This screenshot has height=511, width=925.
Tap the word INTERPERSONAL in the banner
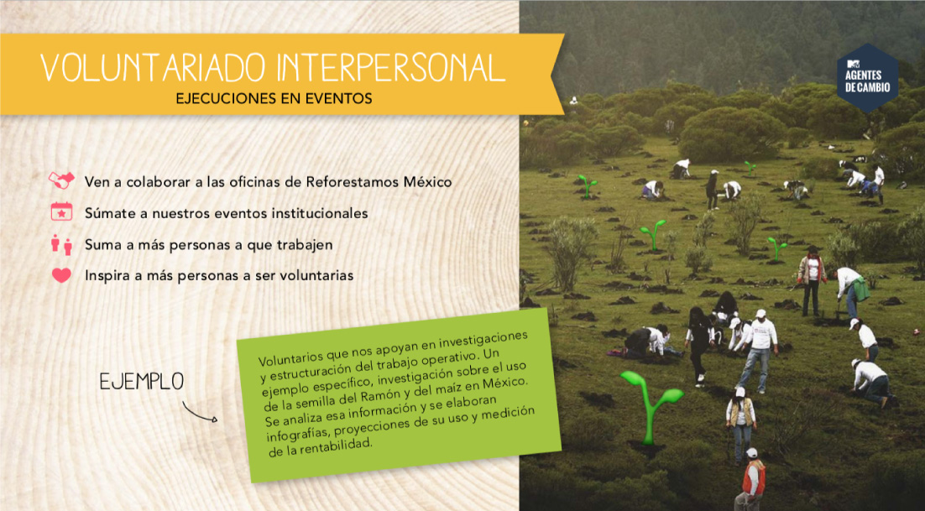[x=390, y=67]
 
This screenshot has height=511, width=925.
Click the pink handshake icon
[x=61, y=180]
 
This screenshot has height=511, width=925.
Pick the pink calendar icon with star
[x=61, y=211]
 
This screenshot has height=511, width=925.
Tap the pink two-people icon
[x=61, y=244]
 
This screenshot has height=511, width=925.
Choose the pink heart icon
[x=61, y=275]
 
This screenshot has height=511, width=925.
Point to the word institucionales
[x=316, y=213]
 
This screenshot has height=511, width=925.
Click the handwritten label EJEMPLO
[x=142, y=382]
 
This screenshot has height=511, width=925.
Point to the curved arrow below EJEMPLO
[x=198, y=413]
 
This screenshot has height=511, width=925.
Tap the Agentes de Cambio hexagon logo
[x=867, y=78]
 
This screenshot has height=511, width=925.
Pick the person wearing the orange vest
[x=751, y=479]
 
